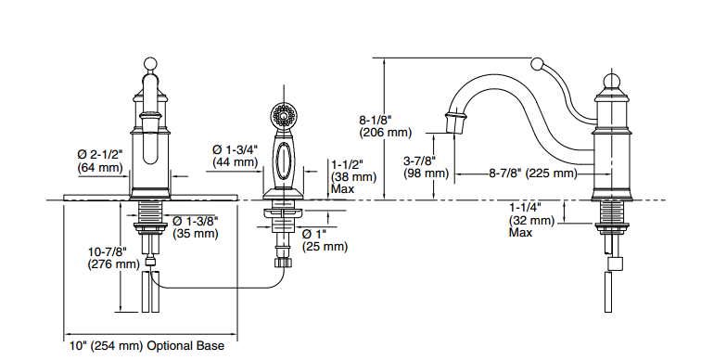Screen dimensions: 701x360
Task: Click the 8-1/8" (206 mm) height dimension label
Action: coord(386,126)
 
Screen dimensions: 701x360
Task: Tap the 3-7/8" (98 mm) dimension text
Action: coord(426,167)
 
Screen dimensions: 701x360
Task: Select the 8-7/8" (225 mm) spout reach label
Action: coord(533,174)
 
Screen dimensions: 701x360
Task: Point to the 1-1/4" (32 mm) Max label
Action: coord(531,220)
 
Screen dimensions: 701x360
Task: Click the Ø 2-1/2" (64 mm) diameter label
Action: coord(100,161)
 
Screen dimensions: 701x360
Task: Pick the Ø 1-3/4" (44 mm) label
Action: coord(236,155)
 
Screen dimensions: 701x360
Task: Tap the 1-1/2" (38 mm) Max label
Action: coord(353,176)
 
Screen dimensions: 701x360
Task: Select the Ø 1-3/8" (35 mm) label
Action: coord(196,226)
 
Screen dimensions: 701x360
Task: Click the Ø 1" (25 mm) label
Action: coord(325,240)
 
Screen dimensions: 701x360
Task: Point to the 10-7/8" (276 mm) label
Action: coord(113,258)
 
